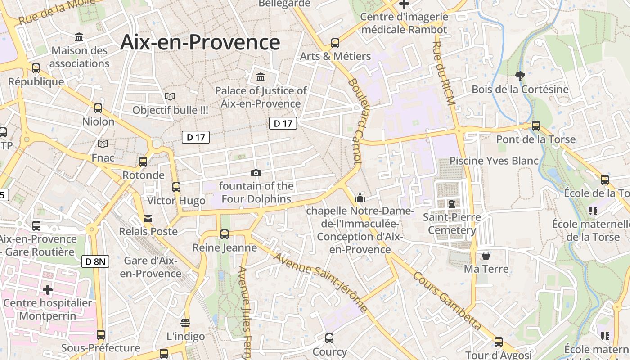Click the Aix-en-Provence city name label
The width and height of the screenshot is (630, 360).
coord(200,42)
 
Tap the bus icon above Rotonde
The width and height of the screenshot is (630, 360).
coord(143,162)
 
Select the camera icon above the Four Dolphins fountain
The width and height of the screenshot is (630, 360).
coord(256,173)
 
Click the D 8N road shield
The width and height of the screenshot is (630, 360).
coord(95,261)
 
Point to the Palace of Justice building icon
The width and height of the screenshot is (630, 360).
coord(261,77)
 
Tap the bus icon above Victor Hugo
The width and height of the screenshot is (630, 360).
coord(176,187)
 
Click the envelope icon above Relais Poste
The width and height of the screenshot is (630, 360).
coord(148,219)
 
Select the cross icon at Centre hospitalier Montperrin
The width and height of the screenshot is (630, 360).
coord(48,289)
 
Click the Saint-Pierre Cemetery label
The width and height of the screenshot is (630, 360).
coord(452,224)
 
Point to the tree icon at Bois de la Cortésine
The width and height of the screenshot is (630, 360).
coord(520,76)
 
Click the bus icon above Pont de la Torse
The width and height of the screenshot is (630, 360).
coord(535,126)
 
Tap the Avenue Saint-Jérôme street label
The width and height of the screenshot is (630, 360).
coord(319,282)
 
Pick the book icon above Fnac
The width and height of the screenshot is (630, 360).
coord(103,144)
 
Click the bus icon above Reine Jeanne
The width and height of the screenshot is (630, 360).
coord(225,234)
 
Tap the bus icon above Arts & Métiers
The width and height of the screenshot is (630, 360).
coord(335,43)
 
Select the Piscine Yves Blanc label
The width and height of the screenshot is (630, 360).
coord(494,161)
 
